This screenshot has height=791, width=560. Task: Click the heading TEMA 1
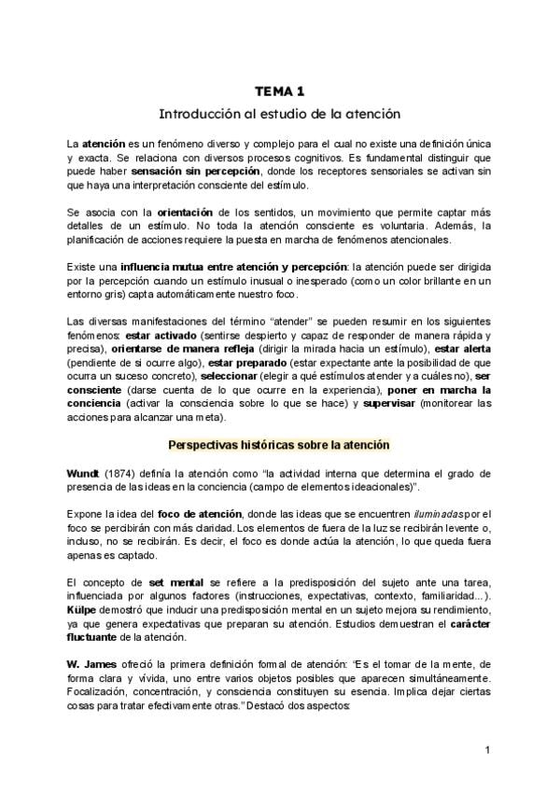(x=279, y=90)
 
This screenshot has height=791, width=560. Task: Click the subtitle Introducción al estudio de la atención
(x=279, y=114)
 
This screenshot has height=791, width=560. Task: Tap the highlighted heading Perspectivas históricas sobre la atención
(x=279, y=445)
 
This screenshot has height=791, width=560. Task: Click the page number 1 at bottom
(x=488, y=750)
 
